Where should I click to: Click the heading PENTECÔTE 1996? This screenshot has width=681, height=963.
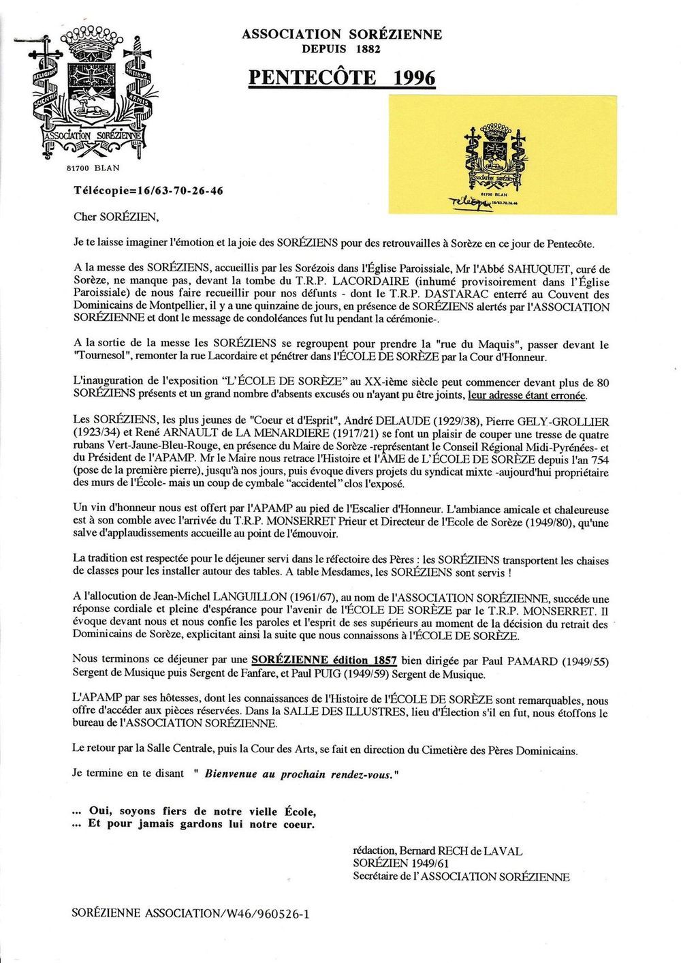click(x=341, y=78)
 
